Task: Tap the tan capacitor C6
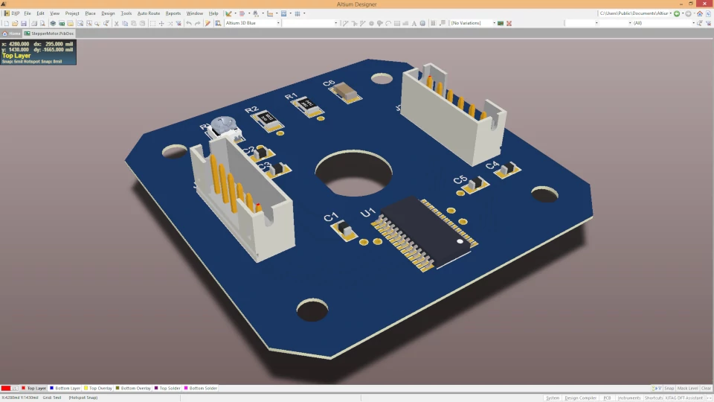347,91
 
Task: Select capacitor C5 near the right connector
473,183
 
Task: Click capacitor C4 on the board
508,170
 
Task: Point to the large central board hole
353,173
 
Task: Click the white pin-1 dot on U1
460,242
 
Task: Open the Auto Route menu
149,13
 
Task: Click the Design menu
108,13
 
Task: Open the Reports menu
173,13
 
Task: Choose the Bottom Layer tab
67,388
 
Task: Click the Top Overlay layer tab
100,388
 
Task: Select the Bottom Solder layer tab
202,388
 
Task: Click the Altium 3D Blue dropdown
252,23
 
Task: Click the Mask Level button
687,388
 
